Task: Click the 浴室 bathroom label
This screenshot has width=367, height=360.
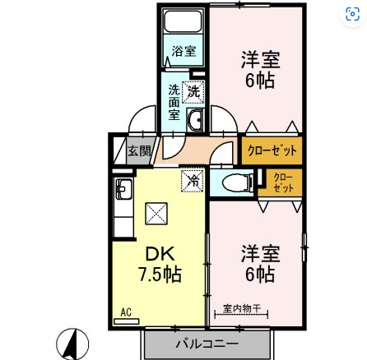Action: (x=183, y=51)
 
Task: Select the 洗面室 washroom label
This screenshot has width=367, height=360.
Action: (x=174, y=101)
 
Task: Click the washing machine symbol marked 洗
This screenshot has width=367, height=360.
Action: (x=193, y=91)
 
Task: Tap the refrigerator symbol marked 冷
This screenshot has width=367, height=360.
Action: (x=193, y=178)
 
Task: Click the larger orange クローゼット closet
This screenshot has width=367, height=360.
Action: (x=271, y=150)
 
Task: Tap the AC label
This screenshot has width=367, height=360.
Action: (x=126, y=312)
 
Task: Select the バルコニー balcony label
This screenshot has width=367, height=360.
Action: (x=207, y=343)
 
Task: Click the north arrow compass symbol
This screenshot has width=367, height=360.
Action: (x=72, y=343)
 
